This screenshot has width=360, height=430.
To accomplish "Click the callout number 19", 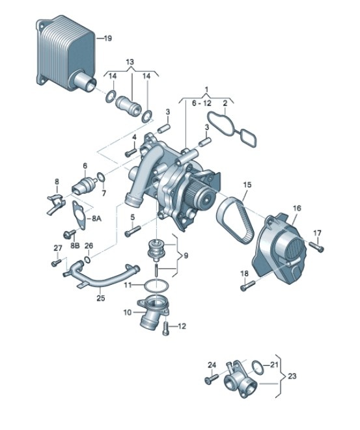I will (x=109, y=38).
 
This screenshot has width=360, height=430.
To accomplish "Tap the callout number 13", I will (x=130, y=62).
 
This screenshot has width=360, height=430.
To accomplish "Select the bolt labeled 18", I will (x=245, y=284).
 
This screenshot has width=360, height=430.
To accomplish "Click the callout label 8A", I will (x=96, y=219).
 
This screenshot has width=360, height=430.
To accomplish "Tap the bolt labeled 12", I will (x=167, y=329).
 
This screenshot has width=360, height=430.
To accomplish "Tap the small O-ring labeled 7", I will (x=102, y=176).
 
